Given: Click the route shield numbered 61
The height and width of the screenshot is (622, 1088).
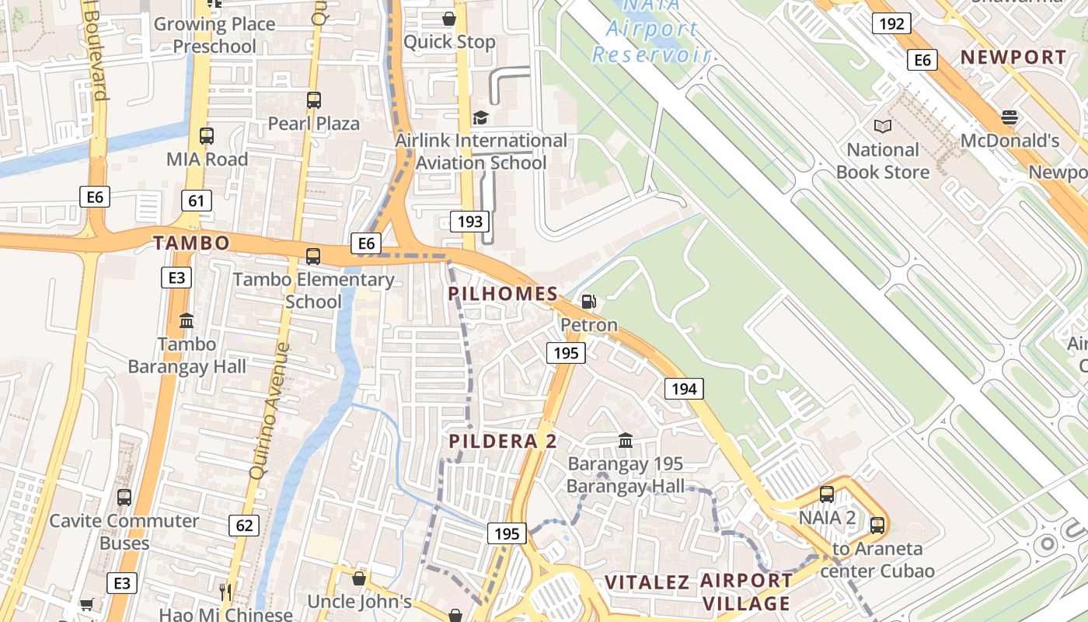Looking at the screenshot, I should click(196, 201).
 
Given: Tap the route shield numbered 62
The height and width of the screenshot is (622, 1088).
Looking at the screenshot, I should click(244, 526).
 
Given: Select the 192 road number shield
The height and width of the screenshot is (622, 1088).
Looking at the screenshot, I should click(891, 23).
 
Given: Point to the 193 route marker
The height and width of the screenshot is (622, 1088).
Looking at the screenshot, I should click(470, 222).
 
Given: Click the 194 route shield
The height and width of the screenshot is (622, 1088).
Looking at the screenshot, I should click(684, 388).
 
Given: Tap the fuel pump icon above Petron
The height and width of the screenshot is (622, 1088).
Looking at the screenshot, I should click(589, 302).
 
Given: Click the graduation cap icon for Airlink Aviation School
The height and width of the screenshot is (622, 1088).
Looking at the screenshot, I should click(481, 117).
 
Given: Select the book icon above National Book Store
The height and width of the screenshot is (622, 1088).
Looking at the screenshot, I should click(883, 126).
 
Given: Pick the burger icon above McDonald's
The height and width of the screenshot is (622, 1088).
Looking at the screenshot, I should click(1010, 117).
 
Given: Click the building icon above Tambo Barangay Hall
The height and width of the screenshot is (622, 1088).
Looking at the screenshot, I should click(187, 320).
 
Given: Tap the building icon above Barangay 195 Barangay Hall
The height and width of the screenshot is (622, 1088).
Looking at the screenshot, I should click(625, 441).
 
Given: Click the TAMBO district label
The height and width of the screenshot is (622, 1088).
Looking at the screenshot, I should click(191, 243).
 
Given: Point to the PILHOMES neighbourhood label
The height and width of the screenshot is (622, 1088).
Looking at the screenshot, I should click(503, 294).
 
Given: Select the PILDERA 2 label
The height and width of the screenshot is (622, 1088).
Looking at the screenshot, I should click(503, 442).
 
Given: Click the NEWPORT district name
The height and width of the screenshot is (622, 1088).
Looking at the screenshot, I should click(1013, 57).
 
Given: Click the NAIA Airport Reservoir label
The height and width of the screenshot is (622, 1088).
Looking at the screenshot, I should click(651, 30).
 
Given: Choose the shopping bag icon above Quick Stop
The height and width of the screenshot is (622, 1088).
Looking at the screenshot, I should click(449, 19).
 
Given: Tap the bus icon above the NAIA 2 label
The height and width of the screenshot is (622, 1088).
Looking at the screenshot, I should click(827, 494).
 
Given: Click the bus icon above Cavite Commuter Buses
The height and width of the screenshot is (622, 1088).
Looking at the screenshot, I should click(124, 498).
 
